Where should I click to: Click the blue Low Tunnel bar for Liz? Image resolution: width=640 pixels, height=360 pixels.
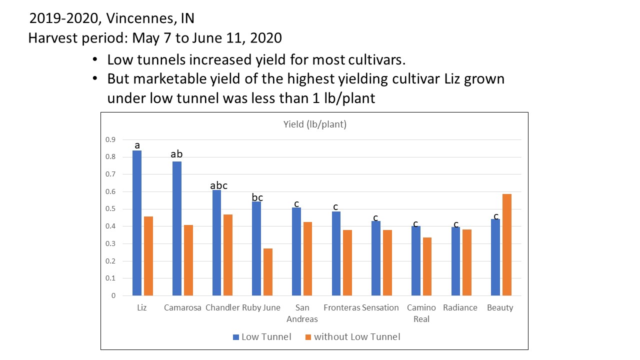[x=137, y=223]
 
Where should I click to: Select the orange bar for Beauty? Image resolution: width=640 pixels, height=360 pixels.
[x=506, y=244]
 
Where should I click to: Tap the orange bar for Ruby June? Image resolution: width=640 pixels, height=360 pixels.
[x=267, y=272]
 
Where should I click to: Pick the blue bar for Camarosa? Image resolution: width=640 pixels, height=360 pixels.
[x=176, y=228]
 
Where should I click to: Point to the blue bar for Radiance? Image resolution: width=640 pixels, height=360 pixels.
[x=455, y=261]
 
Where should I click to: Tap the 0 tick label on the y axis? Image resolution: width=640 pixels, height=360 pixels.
[x=113, y=296]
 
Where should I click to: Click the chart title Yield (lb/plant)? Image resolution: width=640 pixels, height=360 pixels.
[x=314, y=124]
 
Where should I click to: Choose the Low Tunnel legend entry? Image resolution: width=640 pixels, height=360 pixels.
[x=262, y=336]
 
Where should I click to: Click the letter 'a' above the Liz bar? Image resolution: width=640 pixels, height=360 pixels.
[x=137, y=145]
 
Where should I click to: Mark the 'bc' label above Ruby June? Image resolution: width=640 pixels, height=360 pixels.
[x=257, y=197]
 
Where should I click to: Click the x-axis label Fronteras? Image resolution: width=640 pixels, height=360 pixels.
[x=342, y=307]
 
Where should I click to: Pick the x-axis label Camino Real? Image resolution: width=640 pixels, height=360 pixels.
[x=421, y=313]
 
